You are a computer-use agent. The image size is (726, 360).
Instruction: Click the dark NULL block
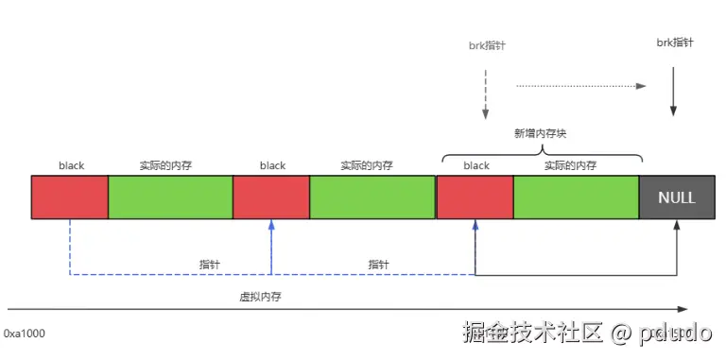[677, 197]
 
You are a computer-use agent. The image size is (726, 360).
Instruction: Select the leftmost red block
[70, 197]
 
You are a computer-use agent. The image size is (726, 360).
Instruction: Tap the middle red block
[271, 197]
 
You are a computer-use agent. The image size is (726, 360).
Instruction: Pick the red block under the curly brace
[475, 197]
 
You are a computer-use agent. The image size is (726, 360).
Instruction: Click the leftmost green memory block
[170, 197]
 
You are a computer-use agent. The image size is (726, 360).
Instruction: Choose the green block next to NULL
[577, 197]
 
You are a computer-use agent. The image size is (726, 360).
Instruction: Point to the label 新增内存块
[540, 134]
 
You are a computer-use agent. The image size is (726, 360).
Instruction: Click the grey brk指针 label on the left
[487, 45]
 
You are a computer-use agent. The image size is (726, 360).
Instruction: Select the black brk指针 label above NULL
[674, 43]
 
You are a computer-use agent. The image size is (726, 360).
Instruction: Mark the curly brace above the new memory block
[541, 151]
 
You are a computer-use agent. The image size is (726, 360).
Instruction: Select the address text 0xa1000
[25, 334]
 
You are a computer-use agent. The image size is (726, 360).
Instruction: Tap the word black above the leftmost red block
[71, 165]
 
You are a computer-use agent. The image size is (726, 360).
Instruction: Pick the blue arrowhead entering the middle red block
[271, 226]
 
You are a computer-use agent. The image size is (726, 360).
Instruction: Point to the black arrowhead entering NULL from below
[678, 226]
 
